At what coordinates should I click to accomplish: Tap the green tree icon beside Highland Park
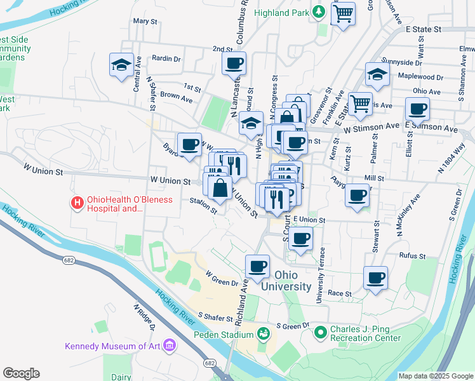[x=319, y=12]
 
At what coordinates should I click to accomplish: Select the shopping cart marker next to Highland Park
[x=343, y=13]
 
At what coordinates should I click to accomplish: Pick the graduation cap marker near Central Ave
[x=121, y=64]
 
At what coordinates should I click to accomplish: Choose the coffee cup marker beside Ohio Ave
[x=417, y=109]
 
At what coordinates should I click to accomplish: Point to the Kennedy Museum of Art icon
[x=170, y=345]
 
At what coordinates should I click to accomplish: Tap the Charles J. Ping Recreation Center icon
[x=320, y=331]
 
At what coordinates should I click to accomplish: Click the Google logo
[x=21, y=373]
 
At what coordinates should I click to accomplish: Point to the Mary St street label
[x=145, y=21]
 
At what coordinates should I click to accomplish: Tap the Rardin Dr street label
[x=166, y=58]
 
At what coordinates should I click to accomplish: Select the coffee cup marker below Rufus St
[x=375, y=277]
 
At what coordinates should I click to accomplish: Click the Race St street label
[x=340, y=294]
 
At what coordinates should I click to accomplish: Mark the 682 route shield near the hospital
[x=69, y=260]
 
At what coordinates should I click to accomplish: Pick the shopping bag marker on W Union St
[x=220, y=189]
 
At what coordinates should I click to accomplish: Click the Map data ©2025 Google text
[x=435, y=376]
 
